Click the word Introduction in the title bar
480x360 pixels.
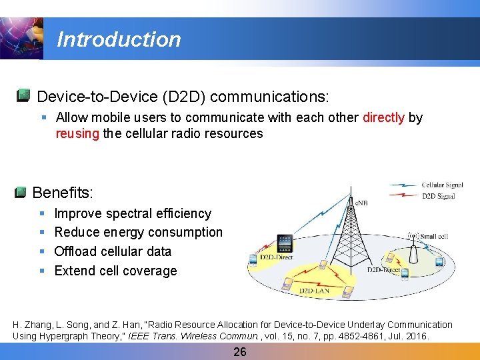(119, 39)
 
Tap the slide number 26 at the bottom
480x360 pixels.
(240, 351)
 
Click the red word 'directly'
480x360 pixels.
(383, 117)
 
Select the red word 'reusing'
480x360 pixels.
(77, 133)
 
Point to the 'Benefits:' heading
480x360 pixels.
(63, 193)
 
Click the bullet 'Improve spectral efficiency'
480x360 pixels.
(133, 213)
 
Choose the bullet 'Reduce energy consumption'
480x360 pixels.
(138, 232)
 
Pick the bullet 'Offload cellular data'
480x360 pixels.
(113, 251)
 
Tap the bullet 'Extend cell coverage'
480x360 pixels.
(115, 271)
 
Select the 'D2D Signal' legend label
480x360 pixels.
(438, 196)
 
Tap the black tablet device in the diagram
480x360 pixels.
(285, 243)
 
